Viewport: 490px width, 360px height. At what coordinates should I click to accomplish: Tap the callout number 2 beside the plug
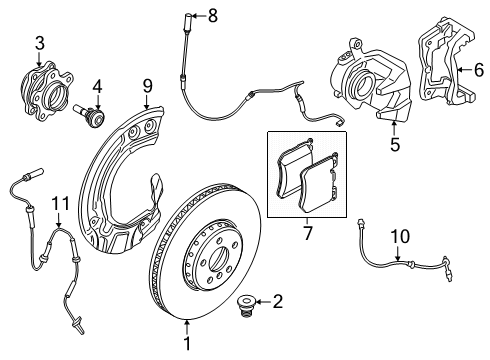coord(278,300)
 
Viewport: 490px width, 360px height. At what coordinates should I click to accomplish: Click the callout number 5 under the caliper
coord(394,144)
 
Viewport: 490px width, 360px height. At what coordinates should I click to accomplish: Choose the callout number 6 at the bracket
coord(478,69)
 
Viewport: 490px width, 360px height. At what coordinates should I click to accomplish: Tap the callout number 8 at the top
coord(211,15)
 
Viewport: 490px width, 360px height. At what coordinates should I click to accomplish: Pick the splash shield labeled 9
coord(120,190)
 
